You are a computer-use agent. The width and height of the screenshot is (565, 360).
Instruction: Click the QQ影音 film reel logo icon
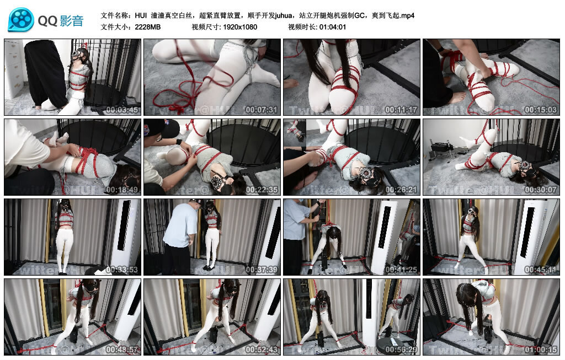pyautogui.click(x=21, y=20)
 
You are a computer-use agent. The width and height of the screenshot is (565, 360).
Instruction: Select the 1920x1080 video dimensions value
pyautogui.click(x=240, y=26)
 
